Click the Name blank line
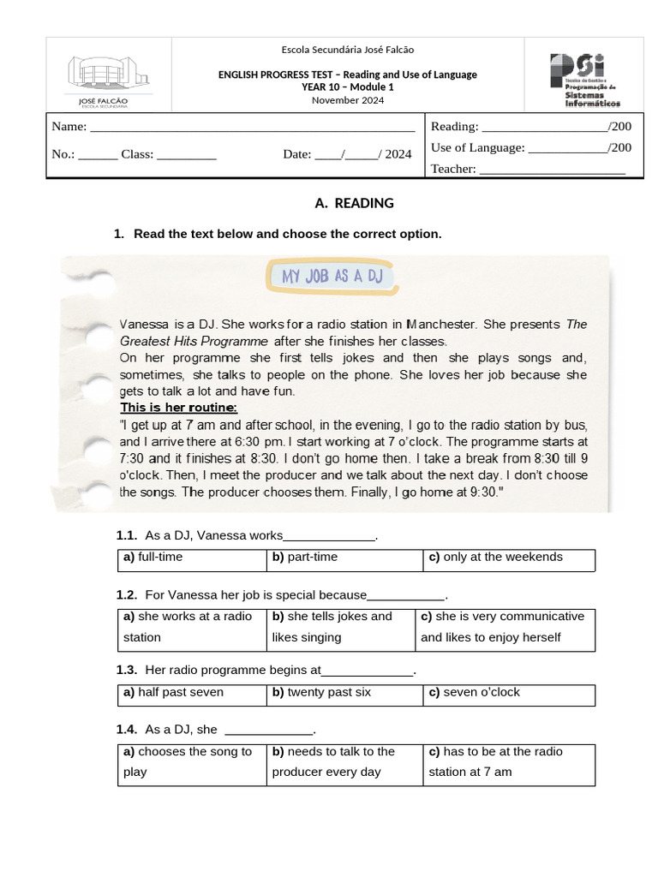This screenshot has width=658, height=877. point(253,128)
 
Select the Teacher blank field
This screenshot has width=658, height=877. point(552,170)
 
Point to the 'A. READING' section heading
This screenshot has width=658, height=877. point(354,203)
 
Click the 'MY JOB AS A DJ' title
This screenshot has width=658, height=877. point(332,276)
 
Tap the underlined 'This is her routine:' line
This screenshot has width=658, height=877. point(178,407)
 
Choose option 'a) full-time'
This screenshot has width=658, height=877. point(153,557)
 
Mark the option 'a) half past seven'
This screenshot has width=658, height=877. point(173,692)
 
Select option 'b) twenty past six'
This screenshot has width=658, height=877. point(321,692)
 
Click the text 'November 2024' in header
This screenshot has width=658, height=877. point(348,100)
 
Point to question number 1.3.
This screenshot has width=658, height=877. point(127,671)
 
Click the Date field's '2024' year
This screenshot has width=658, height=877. point(398,155)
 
